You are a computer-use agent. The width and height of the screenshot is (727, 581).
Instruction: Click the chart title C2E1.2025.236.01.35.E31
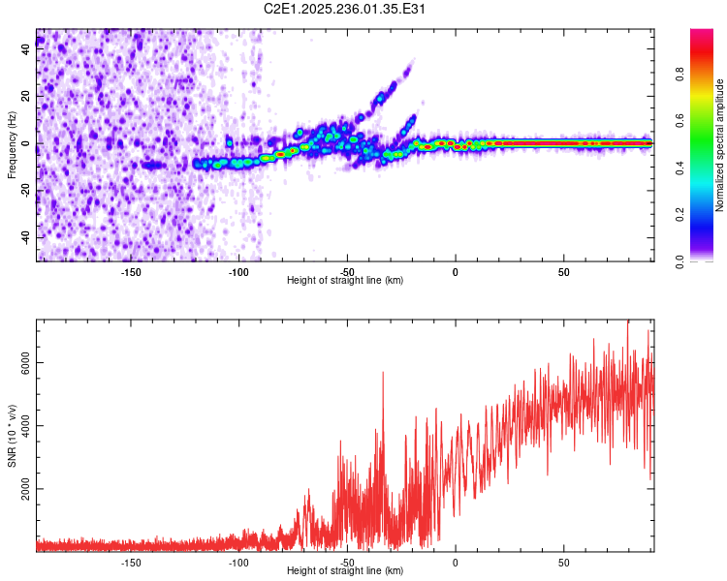pos(346,9)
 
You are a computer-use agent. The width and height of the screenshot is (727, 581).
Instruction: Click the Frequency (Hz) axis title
pos(12,145)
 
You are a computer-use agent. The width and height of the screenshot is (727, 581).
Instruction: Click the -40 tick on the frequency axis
pos(26,237)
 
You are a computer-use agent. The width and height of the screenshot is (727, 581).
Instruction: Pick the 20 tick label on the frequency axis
pos(26,97)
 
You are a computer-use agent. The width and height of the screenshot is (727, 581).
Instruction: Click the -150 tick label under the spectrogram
pos(131,271)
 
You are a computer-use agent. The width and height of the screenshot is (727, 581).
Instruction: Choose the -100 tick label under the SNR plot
pos(238,562)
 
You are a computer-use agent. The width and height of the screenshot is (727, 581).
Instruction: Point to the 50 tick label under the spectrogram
pos(563,271)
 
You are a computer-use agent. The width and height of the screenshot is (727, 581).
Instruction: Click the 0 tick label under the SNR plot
pos(455,562)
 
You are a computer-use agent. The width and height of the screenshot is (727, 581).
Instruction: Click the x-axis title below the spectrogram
pos(346,281)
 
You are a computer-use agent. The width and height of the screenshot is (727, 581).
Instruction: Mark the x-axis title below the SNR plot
pos(346,571)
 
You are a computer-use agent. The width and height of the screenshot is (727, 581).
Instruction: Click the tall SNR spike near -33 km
pos(383,373)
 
